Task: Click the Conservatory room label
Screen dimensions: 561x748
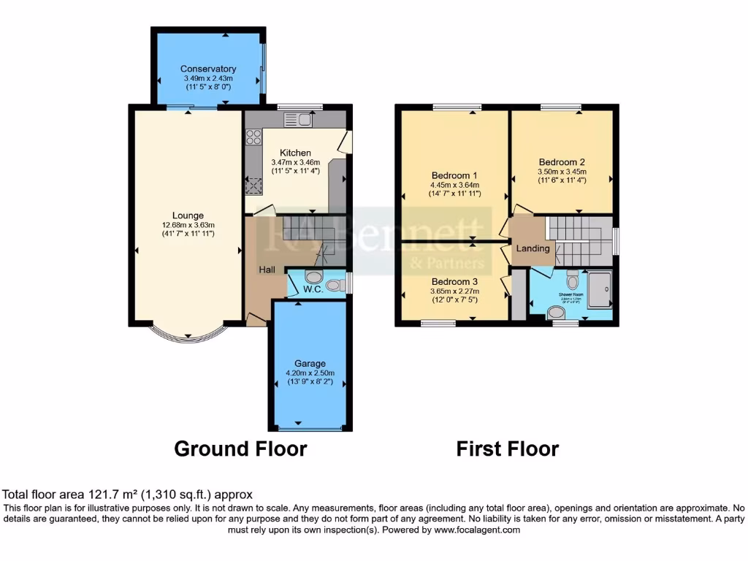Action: click(208, 69)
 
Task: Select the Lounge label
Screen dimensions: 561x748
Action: click(188, 215)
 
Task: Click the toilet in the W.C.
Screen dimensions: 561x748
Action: click(314, 278)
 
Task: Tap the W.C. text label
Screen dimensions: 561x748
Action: click(313, 289)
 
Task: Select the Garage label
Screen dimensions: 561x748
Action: click(310, 363)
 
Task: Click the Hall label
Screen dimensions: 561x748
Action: click(267, 270)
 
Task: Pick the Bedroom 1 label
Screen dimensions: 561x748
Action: click(454, 175)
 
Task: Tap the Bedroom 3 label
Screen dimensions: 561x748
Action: click(454, 281)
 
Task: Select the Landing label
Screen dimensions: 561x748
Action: click(533, 248)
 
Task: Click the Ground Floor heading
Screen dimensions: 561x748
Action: click(240, 449)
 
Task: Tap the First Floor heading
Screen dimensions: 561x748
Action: click(508, 449)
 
